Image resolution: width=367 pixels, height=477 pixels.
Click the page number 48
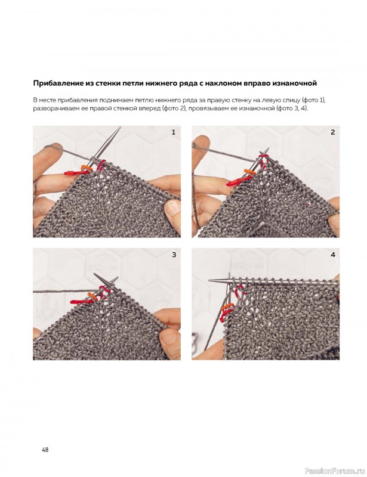click(45, 450)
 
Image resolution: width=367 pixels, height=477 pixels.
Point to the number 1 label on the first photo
click(174, 132)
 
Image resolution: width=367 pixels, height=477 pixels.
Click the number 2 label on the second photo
click(332, 132)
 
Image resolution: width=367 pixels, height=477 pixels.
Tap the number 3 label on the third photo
click(174, 255)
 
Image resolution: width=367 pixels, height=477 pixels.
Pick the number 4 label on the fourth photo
click(333, 255)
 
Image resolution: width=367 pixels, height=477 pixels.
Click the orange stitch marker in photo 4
click(226, 306)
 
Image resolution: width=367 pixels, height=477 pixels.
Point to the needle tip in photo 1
click(120, 128)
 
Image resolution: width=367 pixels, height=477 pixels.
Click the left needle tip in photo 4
click(209, 280)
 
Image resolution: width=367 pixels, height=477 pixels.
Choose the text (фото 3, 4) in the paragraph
click(291, 109)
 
